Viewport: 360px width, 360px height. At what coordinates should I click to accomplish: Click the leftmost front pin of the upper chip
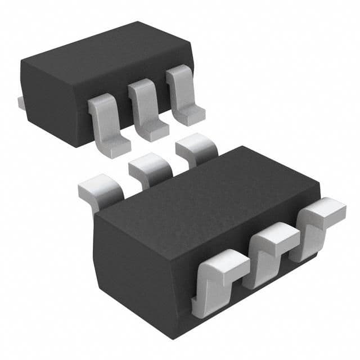point(107,121)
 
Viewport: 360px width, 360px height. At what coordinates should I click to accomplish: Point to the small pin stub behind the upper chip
point(21,102)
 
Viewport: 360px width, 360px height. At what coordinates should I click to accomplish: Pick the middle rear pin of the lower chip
point(149,168)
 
